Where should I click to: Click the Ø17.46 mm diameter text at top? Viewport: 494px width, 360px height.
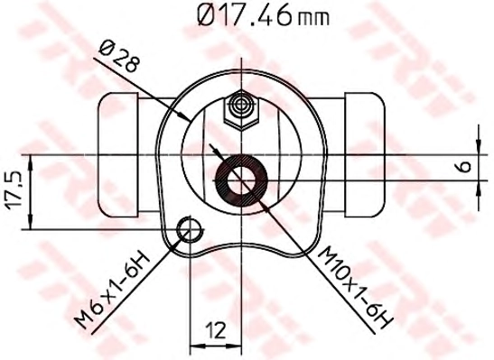click(264, 15)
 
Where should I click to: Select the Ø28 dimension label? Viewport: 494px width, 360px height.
click(119, 57)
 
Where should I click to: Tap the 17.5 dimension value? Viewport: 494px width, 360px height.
click(14, 192)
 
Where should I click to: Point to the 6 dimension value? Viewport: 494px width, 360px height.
click(464, 166)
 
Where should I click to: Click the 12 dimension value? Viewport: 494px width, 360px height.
click(216, 331)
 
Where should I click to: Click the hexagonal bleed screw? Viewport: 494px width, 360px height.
click(242, 109)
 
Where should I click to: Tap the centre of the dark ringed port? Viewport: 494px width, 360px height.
click(241, 180)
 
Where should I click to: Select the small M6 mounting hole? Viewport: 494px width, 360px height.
click(190, 230)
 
